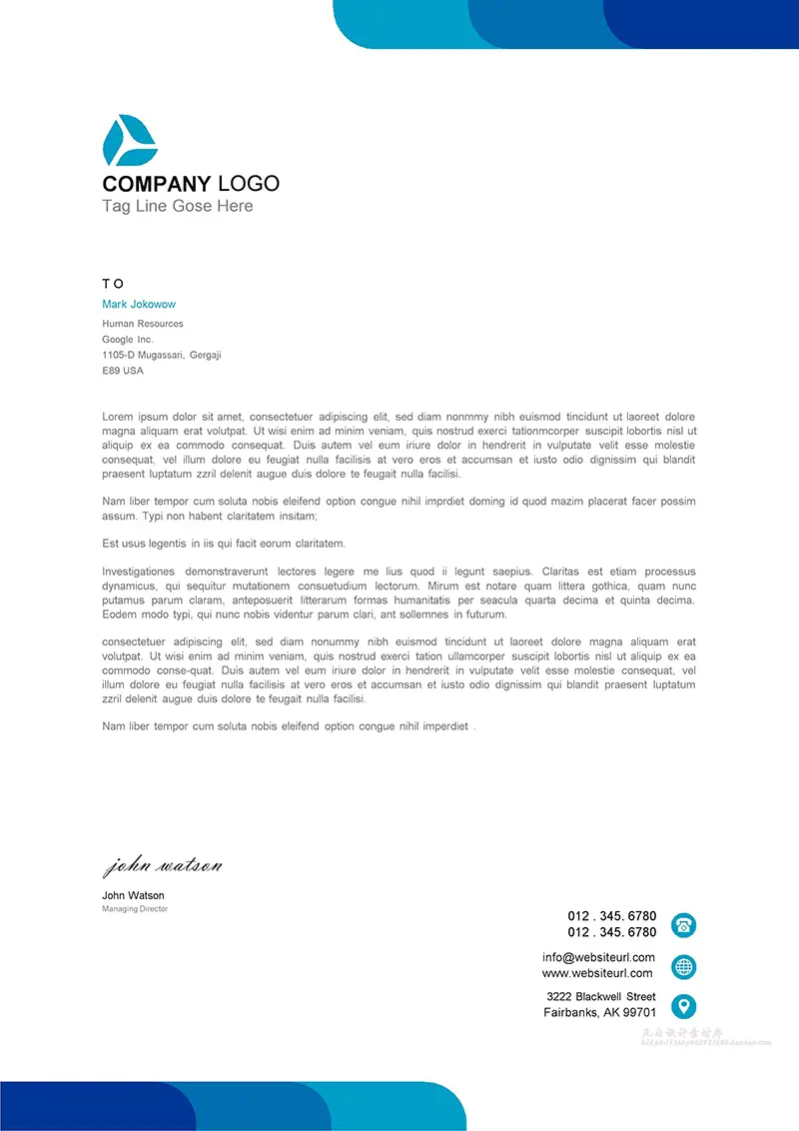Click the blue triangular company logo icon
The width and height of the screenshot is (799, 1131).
pyautogui.click(x=129, y=141)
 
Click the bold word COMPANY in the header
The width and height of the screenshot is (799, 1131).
pyautogui.click(x=157, y=184)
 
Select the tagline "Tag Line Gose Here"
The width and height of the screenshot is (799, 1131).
pyautogui.click(x=178, y=207)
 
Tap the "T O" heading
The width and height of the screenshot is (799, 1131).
pyautogui.click(x=113, y=284)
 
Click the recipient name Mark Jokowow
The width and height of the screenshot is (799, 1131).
pyautogui.click(x=139, y=304)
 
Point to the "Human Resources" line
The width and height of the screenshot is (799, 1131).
pyautogui.click(x=143, y=324)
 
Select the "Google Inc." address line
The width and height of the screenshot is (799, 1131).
pyautogui.click(x=128, y=340)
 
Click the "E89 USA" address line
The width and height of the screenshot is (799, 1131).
pyautogui.click(x=123, y=371)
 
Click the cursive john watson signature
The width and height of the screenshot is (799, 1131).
pyautogui.click(x=162, y=865)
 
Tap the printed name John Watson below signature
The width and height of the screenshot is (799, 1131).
pyautogui.click(x=133, y=895)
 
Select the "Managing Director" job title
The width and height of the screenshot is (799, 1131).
pyautogui.click(x=135, y=909)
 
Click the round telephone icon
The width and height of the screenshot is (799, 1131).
pyautogui.click(x=684, y=924)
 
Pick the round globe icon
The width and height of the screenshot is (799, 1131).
pyautogui.click(x=684, y=966)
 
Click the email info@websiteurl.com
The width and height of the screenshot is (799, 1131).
pyautogui.click(x=598, y=957)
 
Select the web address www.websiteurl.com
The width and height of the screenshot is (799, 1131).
pyautogui.click(x=597, y=973)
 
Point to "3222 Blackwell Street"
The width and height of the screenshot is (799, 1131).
pyautogui.click(x=601, y=996)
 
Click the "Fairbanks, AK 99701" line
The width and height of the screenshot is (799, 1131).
pyautogui.click(x=599, y=1013)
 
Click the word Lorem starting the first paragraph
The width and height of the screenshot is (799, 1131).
pyautogui.click(x=117, y=416)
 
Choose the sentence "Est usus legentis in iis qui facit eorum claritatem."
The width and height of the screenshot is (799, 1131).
pyautogui.click(x=224, y=544)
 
